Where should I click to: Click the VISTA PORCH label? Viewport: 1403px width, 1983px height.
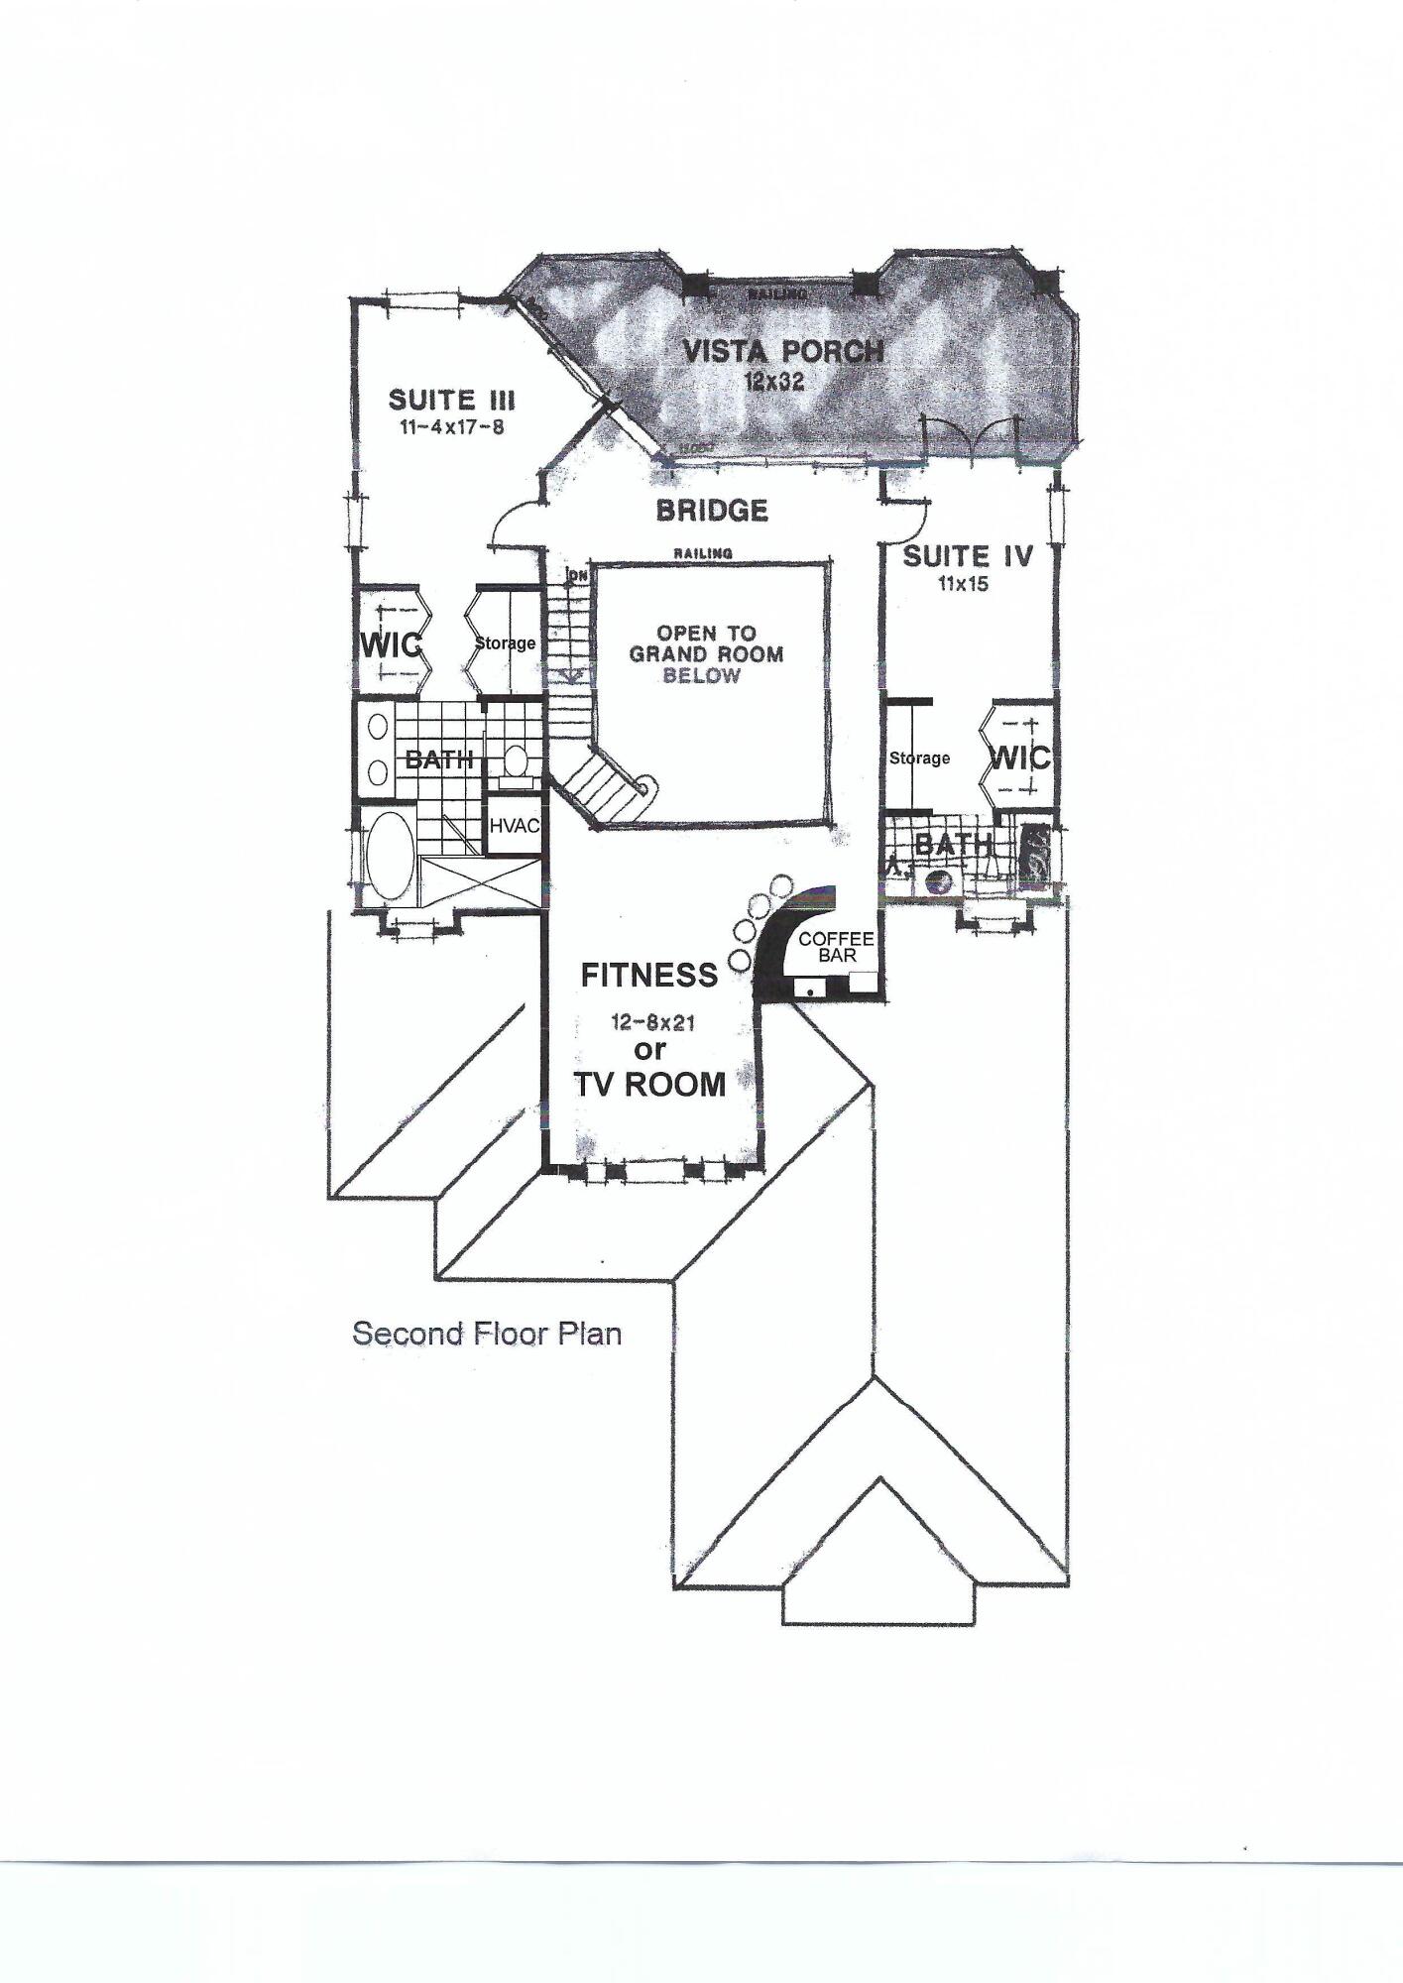point(782,351)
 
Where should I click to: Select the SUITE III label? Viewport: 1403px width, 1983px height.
point(451,401)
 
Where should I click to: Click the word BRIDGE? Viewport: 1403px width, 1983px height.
point(712,511)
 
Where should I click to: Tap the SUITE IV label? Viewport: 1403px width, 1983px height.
point(968,556)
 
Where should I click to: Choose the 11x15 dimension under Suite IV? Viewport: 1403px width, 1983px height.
point(964,584)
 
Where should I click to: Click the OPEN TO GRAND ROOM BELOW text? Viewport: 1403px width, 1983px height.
point(706,654)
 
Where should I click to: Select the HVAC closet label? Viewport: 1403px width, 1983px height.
point(514,825)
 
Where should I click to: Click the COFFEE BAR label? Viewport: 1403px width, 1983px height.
point(835,946)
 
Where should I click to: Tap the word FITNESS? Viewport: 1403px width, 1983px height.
point(648,976)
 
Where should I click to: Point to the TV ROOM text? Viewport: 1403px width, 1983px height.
point(651,1085)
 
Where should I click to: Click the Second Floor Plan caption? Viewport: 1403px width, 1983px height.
point(487,1334)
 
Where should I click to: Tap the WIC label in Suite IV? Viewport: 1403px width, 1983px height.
point(1021,758)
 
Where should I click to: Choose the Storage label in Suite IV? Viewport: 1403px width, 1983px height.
point(919,758)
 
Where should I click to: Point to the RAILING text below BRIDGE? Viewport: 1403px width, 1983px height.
point(703,553)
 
